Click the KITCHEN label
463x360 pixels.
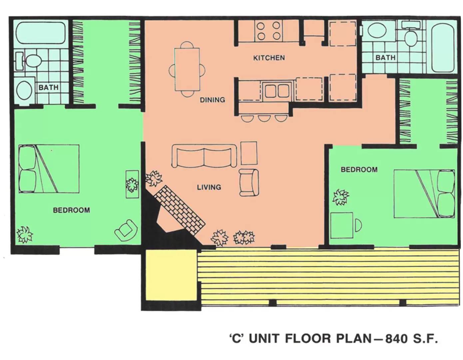[269, 58]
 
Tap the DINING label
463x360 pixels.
[212, 100]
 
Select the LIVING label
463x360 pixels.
[209, 187]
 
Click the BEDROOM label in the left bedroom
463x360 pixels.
[71, 210]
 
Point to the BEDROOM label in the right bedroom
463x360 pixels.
[359, 170]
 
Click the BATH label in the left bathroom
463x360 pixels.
[48, 88]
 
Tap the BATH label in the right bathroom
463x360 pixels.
[385, 58]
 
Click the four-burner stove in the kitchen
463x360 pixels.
[268, 31]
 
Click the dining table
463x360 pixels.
[187, 69]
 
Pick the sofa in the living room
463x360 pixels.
[204, 156]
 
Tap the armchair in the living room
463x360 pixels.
[249, 182]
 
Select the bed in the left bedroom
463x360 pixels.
[49, 169]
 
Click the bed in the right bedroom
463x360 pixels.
[424, 194]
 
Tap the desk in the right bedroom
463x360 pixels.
[342, 225]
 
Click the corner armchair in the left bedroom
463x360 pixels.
[126, 230]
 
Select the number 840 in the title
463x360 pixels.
[396, 339]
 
